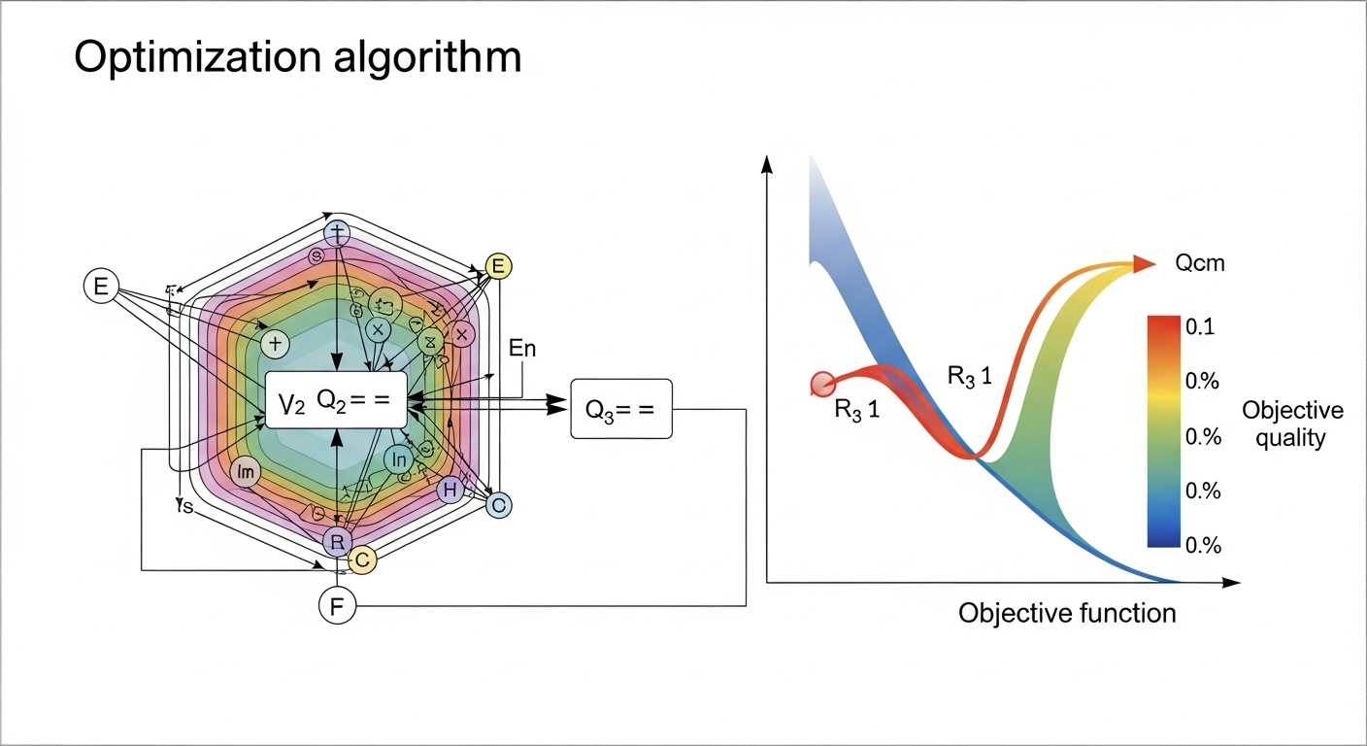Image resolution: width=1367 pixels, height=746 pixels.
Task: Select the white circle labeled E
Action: coord(100,286)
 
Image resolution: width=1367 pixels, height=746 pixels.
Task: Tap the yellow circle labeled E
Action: coord(498,266)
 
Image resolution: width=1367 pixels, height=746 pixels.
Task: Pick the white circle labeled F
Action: coord(337,607)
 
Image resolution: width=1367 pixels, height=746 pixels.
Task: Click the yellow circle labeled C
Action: coord(361,559)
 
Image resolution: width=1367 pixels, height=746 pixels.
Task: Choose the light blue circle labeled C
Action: coord(498,504)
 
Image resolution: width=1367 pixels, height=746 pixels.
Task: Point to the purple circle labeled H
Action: coord(449,491)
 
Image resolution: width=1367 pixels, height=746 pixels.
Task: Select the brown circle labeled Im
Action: coord(246,472)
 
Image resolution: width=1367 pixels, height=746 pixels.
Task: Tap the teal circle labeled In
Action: coord(399,458)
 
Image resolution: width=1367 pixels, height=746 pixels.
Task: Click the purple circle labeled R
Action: coord(336,541)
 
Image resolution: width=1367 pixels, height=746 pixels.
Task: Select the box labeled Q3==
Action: coord(621,408)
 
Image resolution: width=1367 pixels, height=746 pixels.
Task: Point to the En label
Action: coord(522,349)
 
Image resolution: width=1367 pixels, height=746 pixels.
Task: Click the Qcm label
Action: coord(1200,263)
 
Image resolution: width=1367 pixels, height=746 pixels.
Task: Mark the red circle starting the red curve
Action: coord(822,384)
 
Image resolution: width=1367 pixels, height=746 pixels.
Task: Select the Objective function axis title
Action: coord(1067,613)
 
